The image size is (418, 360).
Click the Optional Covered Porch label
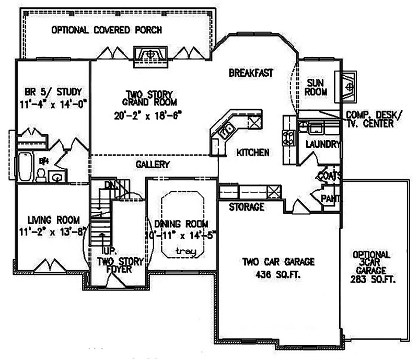tap(106, 30)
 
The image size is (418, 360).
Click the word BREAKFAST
tap(251, 73)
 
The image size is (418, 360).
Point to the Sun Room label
tap(316, 87)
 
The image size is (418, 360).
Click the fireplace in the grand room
tap(150, 54)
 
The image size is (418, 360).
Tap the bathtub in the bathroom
tap(25, 167)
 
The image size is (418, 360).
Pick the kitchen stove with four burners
tap(288, 137)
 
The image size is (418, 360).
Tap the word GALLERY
tap(153, 165)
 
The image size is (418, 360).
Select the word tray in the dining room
tap(185, 251)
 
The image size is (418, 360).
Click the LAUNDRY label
tap(322, 144)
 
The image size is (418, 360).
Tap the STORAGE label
tap(246, 207)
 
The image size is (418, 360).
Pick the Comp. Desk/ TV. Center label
tap(374, 119)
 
